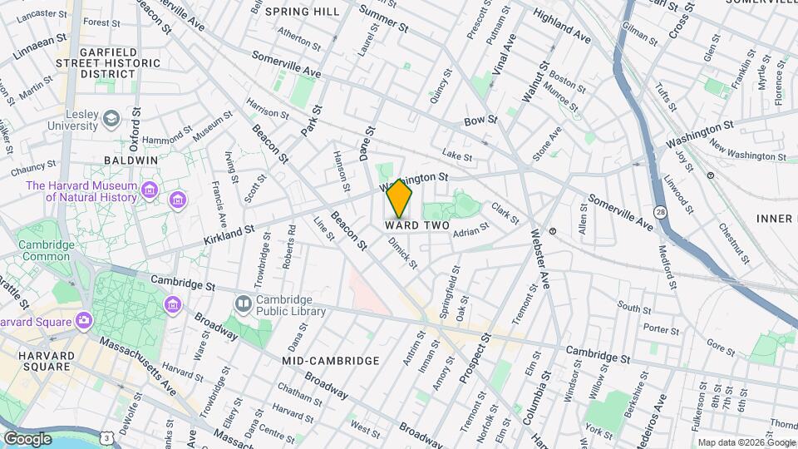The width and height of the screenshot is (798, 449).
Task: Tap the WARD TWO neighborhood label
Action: click(417, 226)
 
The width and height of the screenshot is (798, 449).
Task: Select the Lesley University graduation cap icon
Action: click(111, 121)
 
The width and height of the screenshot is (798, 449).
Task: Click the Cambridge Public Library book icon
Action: click(243, 304)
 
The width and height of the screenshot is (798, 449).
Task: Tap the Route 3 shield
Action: click(107, 437)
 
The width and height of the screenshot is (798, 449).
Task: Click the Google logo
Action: click(27, 438)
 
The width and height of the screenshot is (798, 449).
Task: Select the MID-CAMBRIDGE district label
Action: click(331, 361)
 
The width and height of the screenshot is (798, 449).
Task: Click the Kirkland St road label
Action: click(227, 234)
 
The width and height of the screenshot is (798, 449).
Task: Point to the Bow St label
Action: click(480, 121)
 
